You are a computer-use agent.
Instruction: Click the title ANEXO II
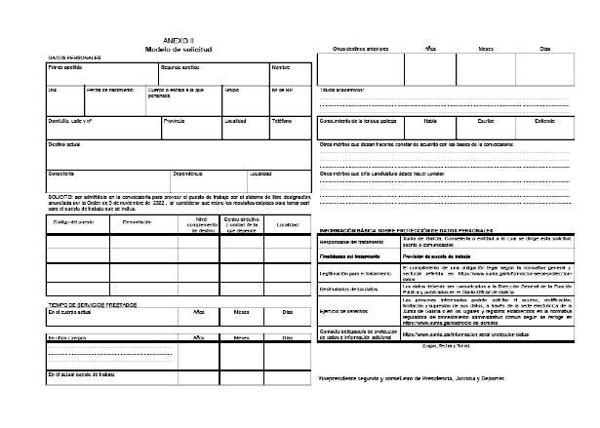[x=180, y=40]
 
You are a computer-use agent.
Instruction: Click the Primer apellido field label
[x=66, y=68]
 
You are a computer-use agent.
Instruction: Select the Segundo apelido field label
[x=181, y=68]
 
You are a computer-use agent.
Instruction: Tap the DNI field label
[x=54, y=90]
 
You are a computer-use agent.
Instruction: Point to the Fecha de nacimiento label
[x=108, y=90]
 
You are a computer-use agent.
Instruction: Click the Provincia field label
[x=174, y=121]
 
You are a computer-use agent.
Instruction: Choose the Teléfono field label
[x=281, y=121]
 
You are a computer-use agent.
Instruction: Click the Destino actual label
[x=64, y=143]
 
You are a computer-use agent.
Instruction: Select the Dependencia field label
[x=187, y=174]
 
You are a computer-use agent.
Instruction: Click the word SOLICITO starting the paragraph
[x=60, y=195]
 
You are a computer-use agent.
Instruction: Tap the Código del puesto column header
[x=72, y=223]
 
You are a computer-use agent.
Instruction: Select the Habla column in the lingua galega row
[x=430, y=121]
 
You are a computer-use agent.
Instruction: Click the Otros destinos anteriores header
[x=363, y=47]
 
